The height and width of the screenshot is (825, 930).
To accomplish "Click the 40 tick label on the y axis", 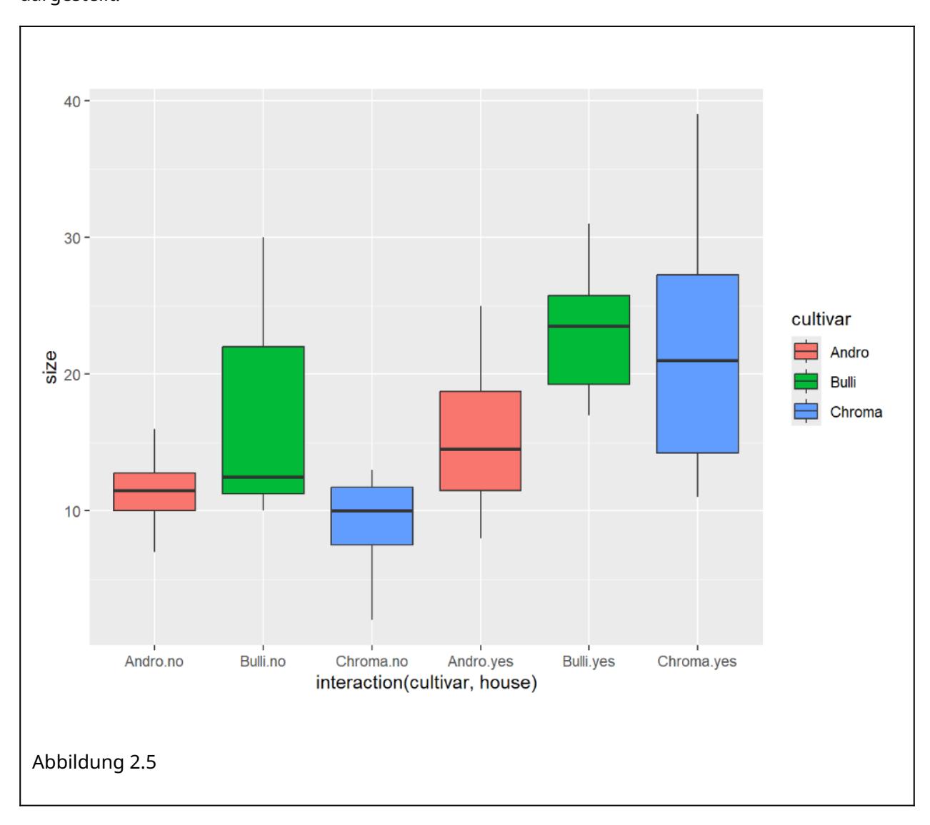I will click(71, 101).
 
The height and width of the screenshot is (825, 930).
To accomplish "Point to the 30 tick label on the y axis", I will click(71, 238).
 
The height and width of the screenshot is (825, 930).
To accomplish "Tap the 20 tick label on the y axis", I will click(71, 374).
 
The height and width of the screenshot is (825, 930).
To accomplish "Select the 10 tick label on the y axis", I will click(71, 511).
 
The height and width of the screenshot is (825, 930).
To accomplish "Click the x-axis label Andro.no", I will click(154, 662).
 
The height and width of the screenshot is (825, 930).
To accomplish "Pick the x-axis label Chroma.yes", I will click(697, 662).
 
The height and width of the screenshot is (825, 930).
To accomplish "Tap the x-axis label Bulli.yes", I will click(589, 662).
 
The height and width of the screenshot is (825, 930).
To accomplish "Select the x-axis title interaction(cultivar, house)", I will click(426, 683).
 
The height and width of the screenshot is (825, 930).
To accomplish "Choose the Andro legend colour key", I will click(806, 352).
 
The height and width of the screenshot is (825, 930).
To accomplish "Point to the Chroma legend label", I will click(856, 412).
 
